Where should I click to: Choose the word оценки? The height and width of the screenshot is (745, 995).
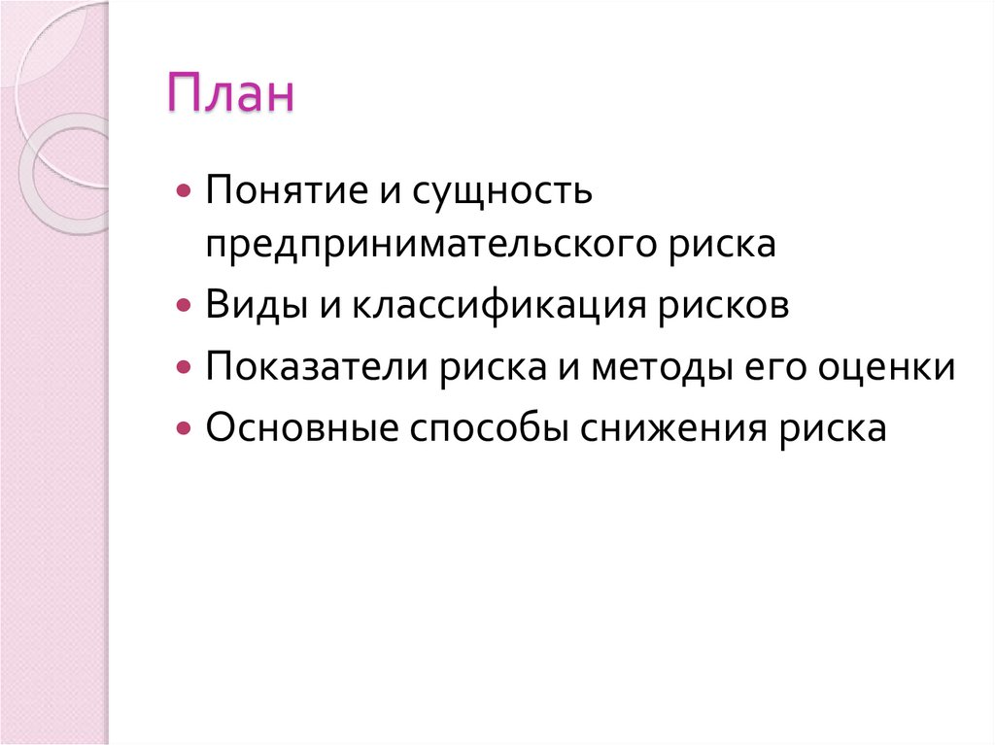[890, 367]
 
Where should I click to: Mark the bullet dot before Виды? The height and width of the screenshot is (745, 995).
[184, 306]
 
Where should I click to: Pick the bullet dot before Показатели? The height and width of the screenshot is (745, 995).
[184, 367]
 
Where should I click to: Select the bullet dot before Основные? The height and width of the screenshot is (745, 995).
[184, 428]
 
